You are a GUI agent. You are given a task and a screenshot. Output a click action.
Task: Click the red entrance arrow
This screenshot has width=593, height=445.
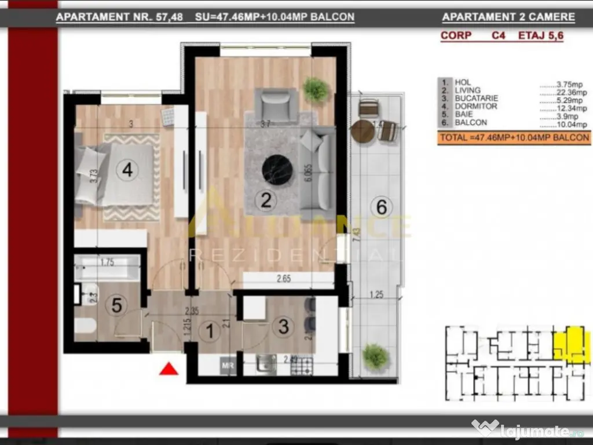click(168, 369)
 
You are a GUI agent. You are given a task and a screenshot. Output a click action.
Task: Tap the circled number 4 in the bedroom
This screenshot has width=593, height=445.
click(127, 170)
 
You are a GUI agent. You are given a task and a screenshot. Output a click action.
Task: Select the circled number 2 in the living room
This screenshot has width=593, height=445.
click(266, 200)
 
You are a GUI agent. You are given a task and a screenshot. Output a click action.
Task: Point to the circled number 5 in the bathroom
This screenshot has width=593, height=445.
click(116, 305)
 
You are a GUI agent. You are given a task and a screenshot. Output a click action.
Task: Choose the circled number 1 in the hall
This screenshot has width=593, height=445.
click(209, 331)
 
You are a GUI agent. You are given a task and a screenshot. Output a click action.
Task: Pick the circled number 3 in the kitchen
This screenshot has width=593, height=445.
click(283, 326)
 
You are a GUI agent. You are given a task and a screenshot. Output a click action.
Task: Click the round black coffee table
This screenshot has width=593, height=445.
click(277, 170)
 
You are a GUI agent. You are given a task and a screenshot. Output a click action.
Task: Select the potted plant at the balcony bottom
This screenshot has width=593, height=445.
click(375, 356)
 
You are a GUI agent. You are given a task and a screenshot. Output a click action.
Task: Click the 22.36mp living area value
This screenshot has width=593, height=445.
click(562, 90)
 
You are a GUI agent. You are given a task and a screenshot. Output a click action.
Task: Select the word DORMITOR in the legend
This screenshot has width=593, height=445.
click(475, 107)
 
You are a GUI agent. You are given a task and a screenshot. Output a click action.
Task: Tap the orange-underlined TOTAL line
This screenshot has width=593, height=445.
click(514, 138)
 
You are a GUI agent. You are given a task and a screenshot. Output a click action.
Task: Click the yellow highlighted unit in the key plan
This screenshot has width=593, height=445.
click(572, 343)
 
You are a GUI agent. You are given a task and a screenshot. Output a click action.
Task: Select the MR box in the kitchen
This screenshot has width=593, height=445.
click(227, 366)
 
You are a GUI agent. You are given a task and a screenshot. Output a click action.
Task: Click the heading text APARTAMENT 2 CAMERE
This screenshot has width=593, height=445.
click(508, 17)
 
